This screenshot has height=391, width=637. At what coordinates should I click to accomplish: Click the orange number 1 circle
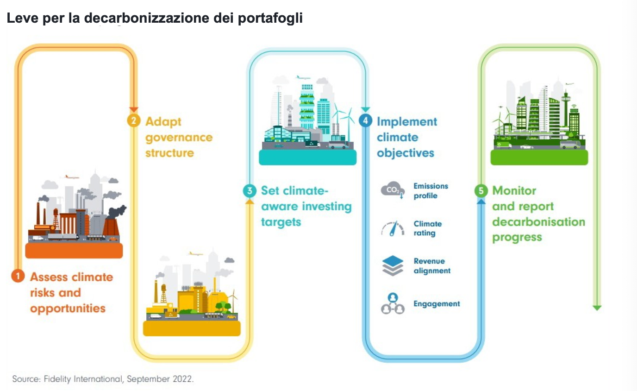pyautogui.click(x=18, y=276)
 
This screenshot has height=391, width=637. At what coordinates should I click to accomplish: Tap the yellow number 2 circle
pyautogui.click(x=134, y=120)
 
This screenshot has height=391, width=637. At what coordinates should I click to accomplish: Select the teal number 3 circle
pyautogui.click(x=250, y=190)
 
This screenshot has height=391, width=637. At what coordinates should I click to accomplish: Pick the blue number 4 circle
pyautogui.click(x=365, y=120)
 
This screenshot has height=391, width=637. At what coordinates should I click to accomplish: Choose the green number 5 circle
pyautogui.click(x=481, y=190)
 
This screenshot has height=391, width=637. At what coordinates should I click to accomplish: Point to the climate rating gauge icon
pyautogui.click(x=393, y=228)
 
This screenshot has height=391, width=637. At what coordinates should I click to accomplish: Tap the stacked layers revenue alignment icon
pyautogui.click(x=393, y=266)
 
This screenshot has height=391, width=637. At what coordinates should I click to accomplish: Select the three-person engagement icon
pyautogui.click(x=393, y=303)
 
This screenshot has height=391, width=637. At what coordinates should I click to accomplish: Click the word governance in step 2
pyautogui.click(x=179, y=138)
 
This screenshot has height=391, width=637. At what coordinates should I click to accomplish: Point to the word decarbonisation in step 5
pyautogui.click(x=538, y=222)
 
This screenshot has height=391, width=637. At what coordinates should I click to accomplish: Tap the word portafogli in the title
pyautogui.click(x=270, y=18)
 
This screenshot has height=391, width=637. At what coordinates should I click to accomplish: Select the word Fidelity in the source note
pyautogui.click(x=57, y=379)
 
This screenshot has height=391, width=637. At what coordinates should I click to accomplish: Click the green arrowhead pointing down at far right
pyautogui.click(x=597, y=308)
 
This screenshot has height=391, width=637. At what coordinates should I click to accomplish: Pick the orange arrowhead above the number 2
pyautogui.click(x=134, y=109)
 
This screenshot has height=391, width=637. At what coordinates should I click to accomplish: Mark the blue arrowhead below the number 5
pyautogui.click(x=481, y=201)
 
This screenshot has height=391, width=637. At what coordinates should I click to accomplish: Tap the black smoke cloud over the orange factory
pyautogui.click(x=117, y=211)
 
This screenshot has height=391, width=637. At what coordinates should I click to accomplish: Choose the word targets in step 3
pyautogui.click(x=281, y=222)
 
